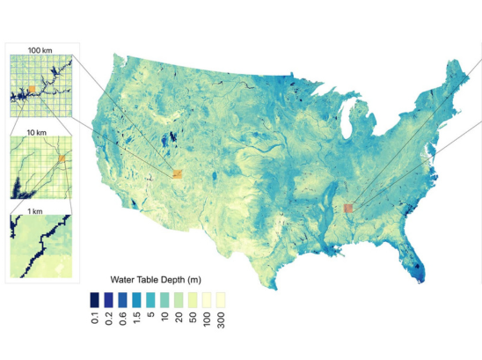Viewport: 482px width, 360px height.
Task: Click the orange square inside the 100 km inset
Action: coord(32,89)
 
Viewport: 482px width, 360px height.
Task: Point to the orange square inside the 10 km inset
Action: coord(61,159)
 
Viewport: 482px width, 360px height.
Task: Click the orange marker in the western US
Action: coord(176,174)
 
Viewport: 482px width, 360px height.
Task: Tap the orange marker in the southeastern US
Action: coord(347,208)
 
